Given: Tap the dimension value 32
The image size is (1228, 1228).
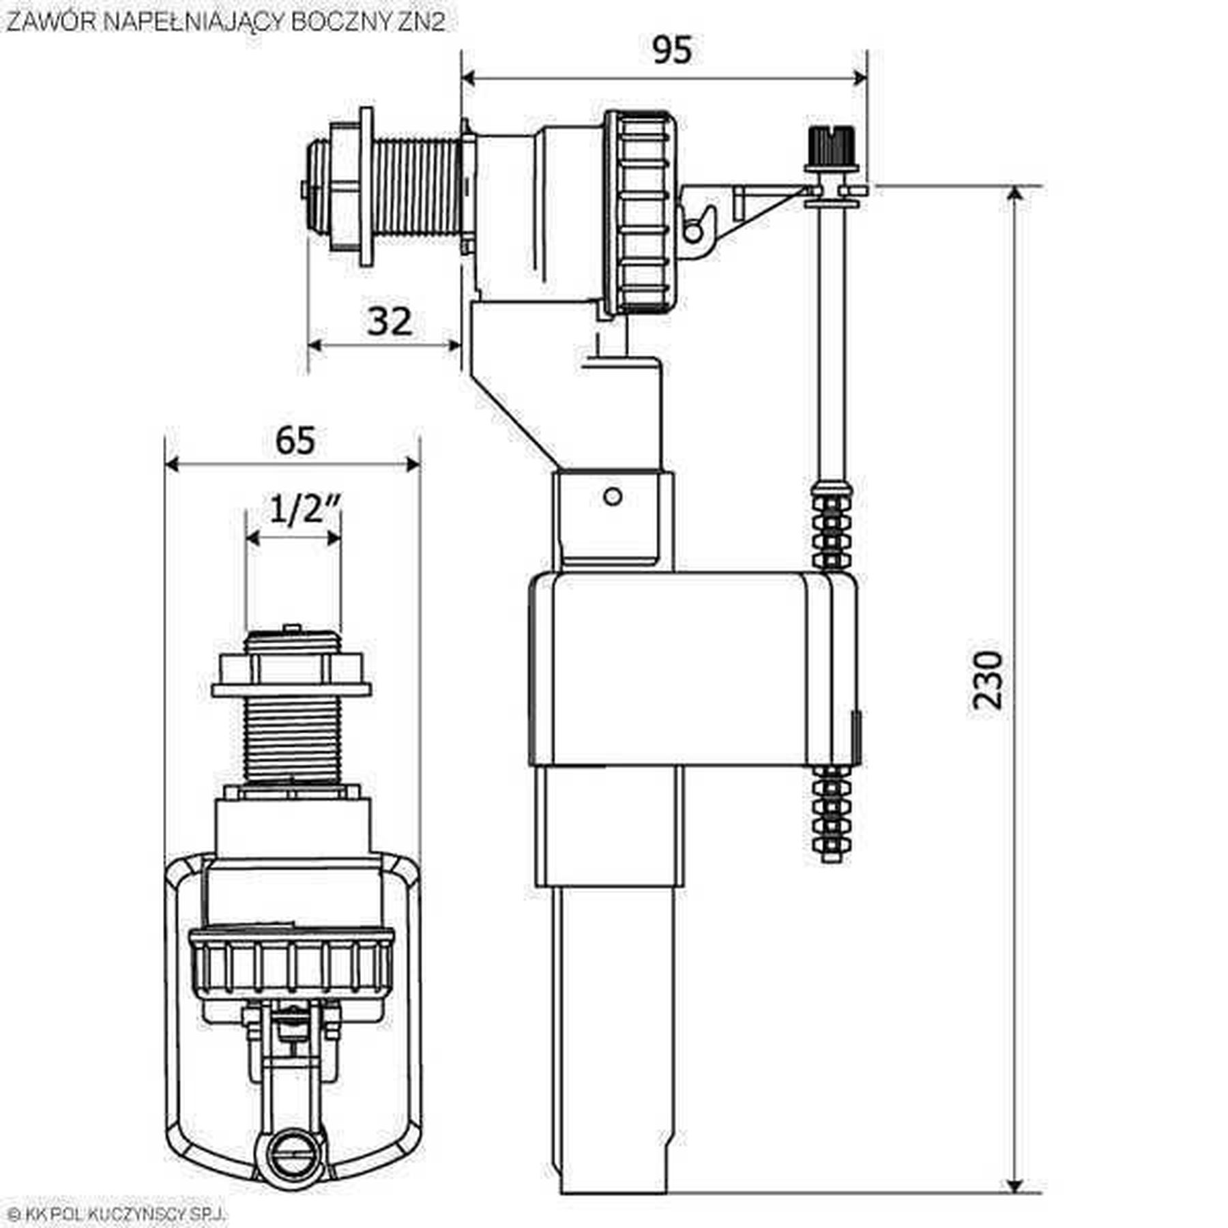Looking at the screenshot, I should (x=390, y=321).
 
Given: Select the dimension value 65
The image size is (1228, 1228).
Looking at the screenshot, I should (x=295, y=440).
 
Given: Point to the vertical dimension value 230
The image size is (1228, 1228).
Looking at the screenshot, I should (x=988, y=680).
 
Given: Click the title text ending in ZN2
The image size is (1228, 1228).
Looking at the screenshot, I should (x=225, y=22).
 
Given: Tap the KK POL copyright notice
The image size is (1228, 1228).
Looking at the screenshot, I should (x=116, y=1214).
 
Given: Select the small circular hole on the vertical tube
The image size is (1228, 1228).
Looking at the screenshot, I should (x=613, y=497).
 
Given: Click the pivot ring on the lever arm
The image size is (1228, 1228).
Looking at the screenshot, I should (x=692, y=233).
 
